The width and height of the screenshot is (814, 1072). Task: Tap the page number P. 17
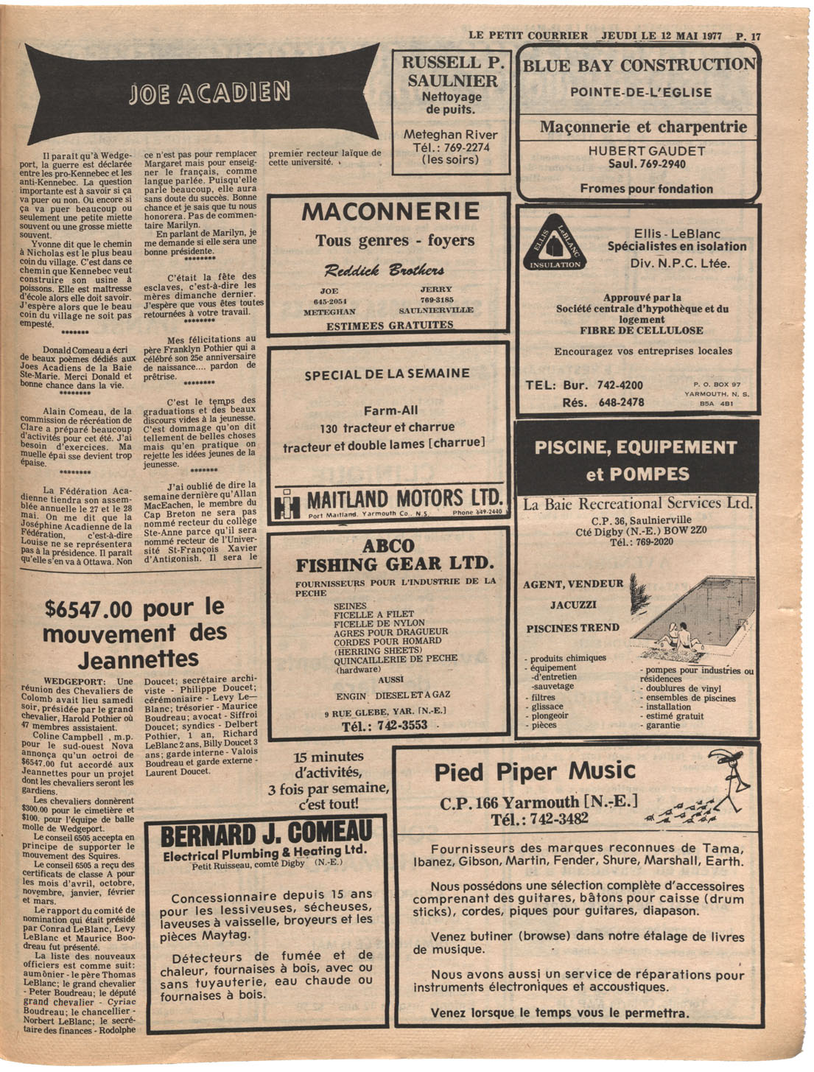[x=748, y=35]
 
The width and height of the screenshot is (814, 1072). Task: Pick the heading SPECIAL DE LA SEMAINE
[x=387, y=374]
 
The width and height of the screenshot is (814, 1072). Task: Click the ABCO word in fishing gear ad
[x=388, y=546]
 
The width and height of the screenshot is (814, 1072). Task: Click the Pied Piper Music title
[x=534, y=771]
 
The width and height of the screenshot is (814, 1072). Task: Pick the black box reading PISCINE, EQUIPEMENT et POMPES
[x=636, y=459]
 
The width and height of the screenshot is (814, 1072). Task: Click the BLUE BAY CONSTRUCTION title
[x=639, y=65]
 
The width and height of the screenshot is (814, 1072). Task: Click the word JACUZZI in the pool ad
[x=573, y=605]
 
